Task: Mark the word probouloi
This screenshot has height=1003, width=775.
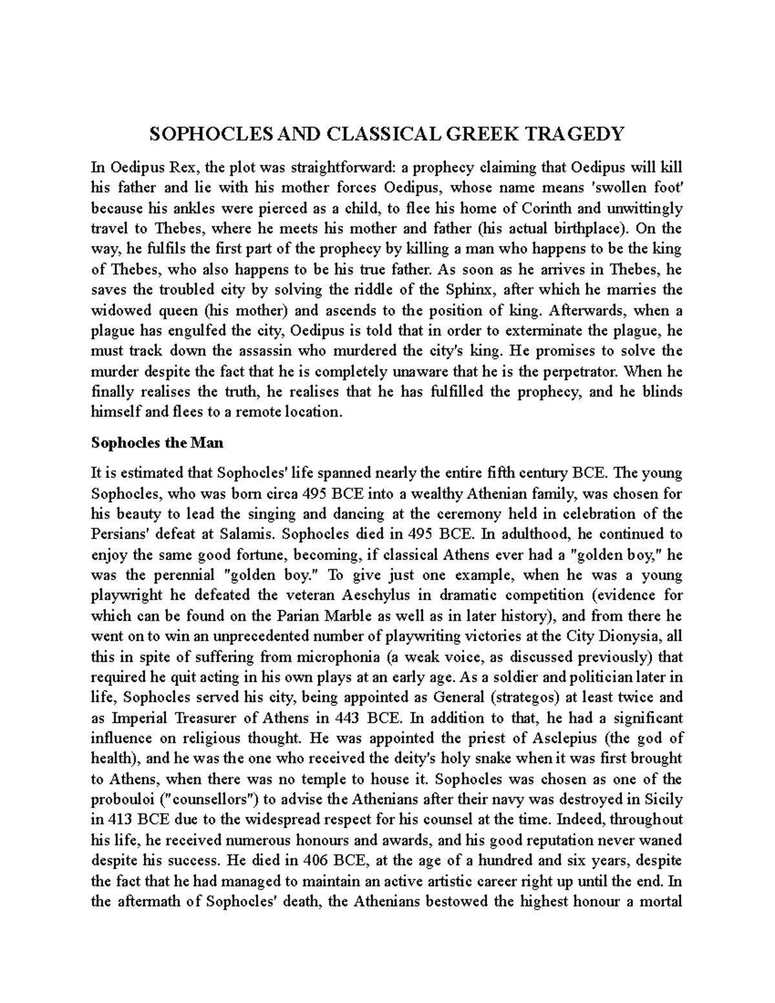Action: pyautogui.click(x=119, y=800)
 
